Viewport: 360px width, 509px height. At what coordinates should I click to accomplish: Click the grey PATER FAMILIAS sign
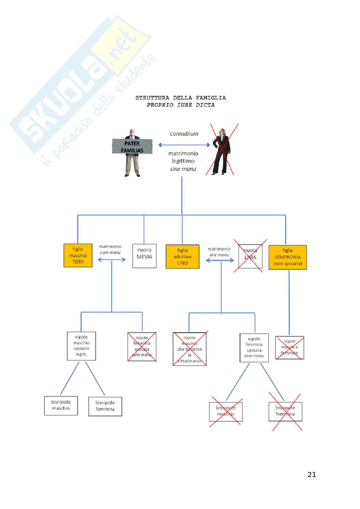point(132,147)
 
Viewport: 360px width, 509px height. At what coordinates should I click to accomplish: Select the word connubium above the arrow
point(184,134)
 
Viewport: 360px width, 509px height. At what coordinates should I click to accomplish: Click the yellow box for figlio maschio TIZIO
point(78,255)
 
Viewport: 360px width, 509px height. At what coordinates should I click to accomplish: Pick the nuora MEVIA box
point(144,256)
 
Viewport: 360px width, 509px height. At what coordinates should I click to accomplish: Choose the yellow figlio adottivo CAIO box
point(182,257)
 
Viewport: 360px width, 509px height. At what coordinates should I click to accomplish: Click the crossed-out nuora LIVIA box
point(250,256)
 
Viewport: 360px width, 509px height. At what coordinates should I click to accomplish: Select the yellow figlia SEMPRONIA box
point(287,257)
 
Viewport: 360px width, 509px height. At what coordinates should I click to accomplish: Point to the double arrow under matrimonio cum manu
point(112,259)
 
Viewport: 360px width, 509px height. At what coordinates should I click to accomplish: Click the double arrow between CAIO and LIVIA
point(220,260)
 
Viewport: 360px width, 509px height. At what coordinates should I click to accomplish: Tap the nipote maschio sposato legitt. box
point(81,346)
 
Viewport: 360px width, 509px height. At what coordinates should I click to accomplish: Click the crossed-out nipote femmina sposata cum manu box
point(142,347)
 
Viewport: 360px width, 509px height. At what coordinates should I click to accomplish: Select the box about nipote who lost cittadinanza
point(189,349)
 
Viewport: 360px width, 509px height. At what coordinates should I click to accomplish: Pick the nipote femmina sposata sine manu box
point(254,347)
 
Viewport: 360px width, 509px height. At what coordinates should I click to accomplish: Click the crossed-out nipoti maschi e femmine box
point(289,347)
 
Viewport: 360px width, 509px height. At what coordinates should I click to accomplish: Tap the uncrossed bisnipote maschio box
point(61,406)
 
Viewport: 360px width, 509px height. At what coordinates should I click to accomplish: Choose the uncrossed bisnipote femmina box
point(105,406)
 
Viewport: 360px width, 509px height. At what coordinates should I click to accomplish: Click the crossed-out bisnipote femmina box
point(285,411)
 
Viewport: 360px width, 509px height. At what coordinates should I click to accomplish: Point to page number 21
point(312,475)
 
